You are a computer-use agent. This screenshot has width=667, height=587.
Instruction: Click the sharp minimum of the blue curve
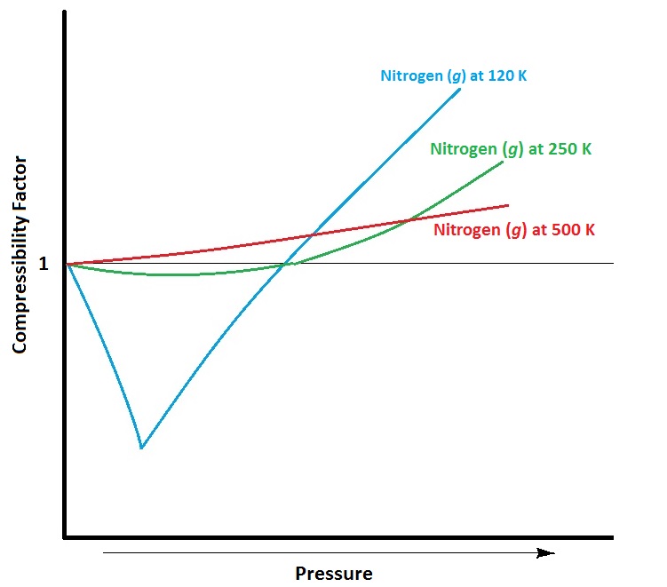[x=141, y=448]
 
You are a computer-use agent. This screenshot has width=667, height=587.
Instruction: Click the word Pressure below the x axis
[x=333, y=573]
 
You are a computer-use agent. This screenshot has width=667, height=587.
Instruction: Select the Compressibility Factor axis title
[x=20, y=257]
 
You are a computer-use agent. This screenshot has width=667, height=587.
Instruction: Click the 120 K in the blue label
[x=508, y=75]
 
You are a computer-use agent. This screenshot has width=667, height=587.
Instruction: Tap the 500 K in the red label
[x=576, y=230]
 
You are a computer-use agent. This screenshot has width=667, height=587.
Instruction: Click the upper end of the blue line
[x=460, y=90]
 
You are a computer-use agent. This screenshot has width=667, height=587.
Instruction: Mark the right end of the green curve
[x=503, y=162]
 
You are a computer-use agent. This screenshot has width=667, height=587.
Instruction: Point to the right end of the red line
[x=508, y=205]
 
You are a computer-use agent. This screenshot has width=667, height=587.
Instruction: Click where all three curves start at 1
[x=67, y=264]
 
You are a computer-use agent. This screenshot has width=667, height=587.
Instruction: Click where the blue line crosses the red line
[x=309, y=235]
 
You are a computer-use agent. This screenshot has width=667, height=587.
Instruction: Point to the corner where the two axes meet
[x=65, y=537]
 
